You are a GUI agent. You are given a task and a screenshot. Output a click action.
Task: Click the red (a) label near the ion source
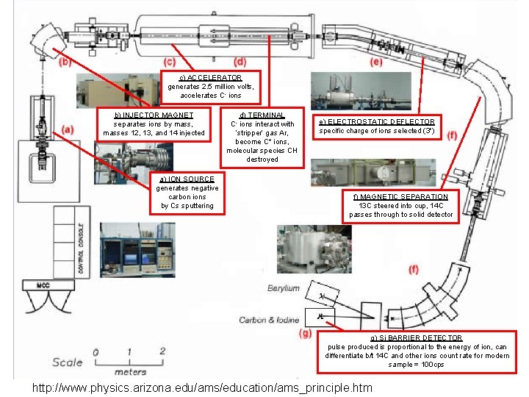click(x=68, y=129)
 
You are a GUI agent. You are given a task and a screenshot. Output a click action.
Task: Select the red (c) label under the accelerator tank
click(x=169, y=62)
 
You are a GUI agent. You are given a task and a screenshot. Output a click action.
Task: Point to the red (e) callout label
click(x=375, y=62)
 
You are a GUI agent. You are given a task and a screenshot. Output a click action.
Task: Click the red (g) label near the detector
click(x=306, y=334)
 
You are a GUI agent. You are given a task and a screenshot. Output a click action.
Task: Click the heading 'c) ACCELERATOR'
click(x=210, y=77)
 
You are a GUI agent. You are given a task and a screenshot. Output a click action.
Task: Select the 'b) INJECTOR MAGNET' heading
click(x=154, y=115)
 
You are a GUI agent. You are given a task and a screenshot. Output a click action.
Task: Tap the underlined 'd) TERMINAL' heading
click(x=262, y=115)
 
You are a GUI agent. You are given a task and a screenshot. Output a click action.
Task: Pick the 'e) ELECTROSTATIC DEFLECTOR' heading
click(x=375, y=121)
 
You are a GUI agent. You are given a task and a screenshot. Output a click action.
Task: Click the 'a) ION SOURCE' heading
click(x=187, y=179)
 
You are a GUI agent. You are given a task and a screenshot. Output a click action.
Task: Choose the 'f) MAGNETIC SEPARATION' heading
click(x=400, y=197)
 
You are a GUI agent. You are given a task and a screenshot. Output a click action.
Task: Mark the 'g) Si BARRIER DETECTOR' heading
click(x=417, y=337)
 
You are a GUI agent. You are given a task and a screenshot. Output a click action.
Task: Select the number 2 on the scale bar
click(x=162, y=352)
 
